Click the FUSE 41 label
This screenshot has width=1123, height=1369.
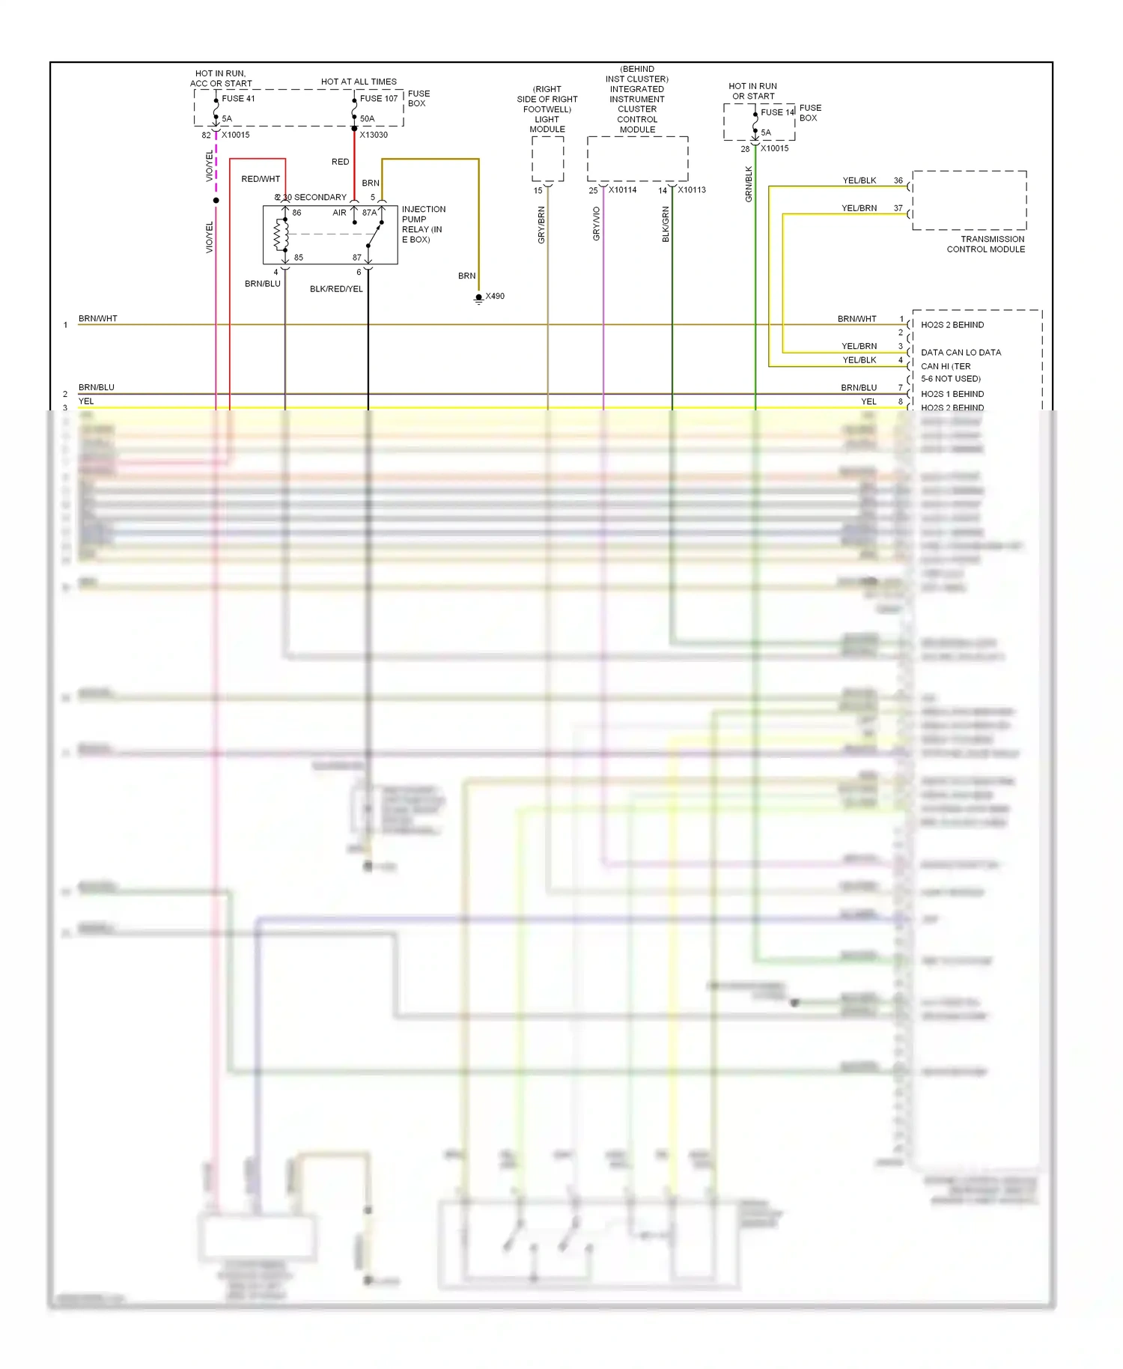tap(238, 99)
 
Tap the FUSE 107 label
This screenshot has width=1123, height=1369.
tap(379, 99)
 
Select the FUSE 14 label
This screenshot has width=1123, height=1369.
tap(777, 112)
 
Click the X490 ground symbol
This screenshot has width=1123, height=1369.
tap(479, 298)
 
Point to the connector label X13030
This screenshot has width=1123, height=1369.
tap(374, 135)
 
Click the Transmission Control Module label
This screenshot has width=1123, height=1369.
tap(985, 244)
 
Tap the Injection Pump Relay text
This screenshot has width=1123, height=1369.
tap(423, 224)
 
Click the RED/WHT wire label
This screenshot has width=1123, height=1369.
tap(261, 179)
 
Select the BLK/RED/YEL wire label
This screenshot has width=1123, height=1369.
tap(336, 289)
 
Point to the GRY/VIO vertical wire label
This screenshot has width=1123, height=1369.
tap(597, 223)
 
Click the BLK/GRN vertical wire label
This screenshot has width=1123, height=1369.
tap(666, 224)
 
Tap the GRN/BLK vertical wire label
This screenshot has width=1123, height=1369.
tap(749, 184)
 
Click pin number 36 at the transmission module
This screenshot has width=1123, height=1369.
tap(898, 180)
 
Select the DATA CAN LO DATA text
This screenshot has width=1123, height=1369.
tap(961, 353)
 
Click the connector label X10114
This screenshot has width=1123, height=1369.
tap(622, 190)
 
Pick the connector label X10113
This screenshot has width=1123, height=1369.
tap(692, 190)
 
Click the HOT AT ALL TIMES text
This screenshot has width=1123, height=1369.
tap(359, 82)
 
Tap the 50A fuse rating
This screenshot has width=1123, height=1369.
tap(367, 118)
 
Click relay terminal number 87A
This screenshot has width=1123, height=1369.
tap(369, 213)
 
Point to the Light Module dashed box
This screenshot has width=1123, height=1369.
tap(547, 159)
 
